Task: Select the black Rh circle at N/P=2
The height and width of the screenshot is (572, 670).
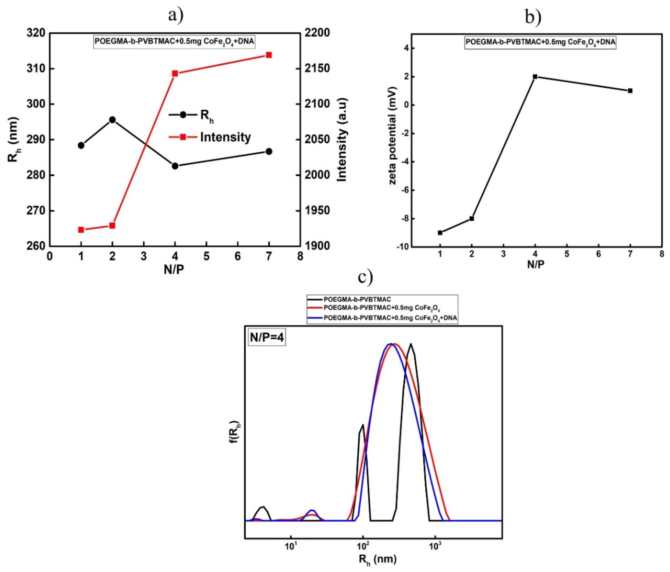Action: click(x=112, y=120)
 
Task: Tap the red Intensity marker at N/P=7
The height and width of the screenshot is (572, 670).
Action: click(x=269, y=55)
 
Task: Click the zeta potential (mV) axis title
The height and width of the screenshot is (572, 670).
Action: click(x=392, y=136)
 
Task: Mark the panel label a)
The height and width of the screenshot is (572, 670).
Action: click(x=176, y=15)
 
